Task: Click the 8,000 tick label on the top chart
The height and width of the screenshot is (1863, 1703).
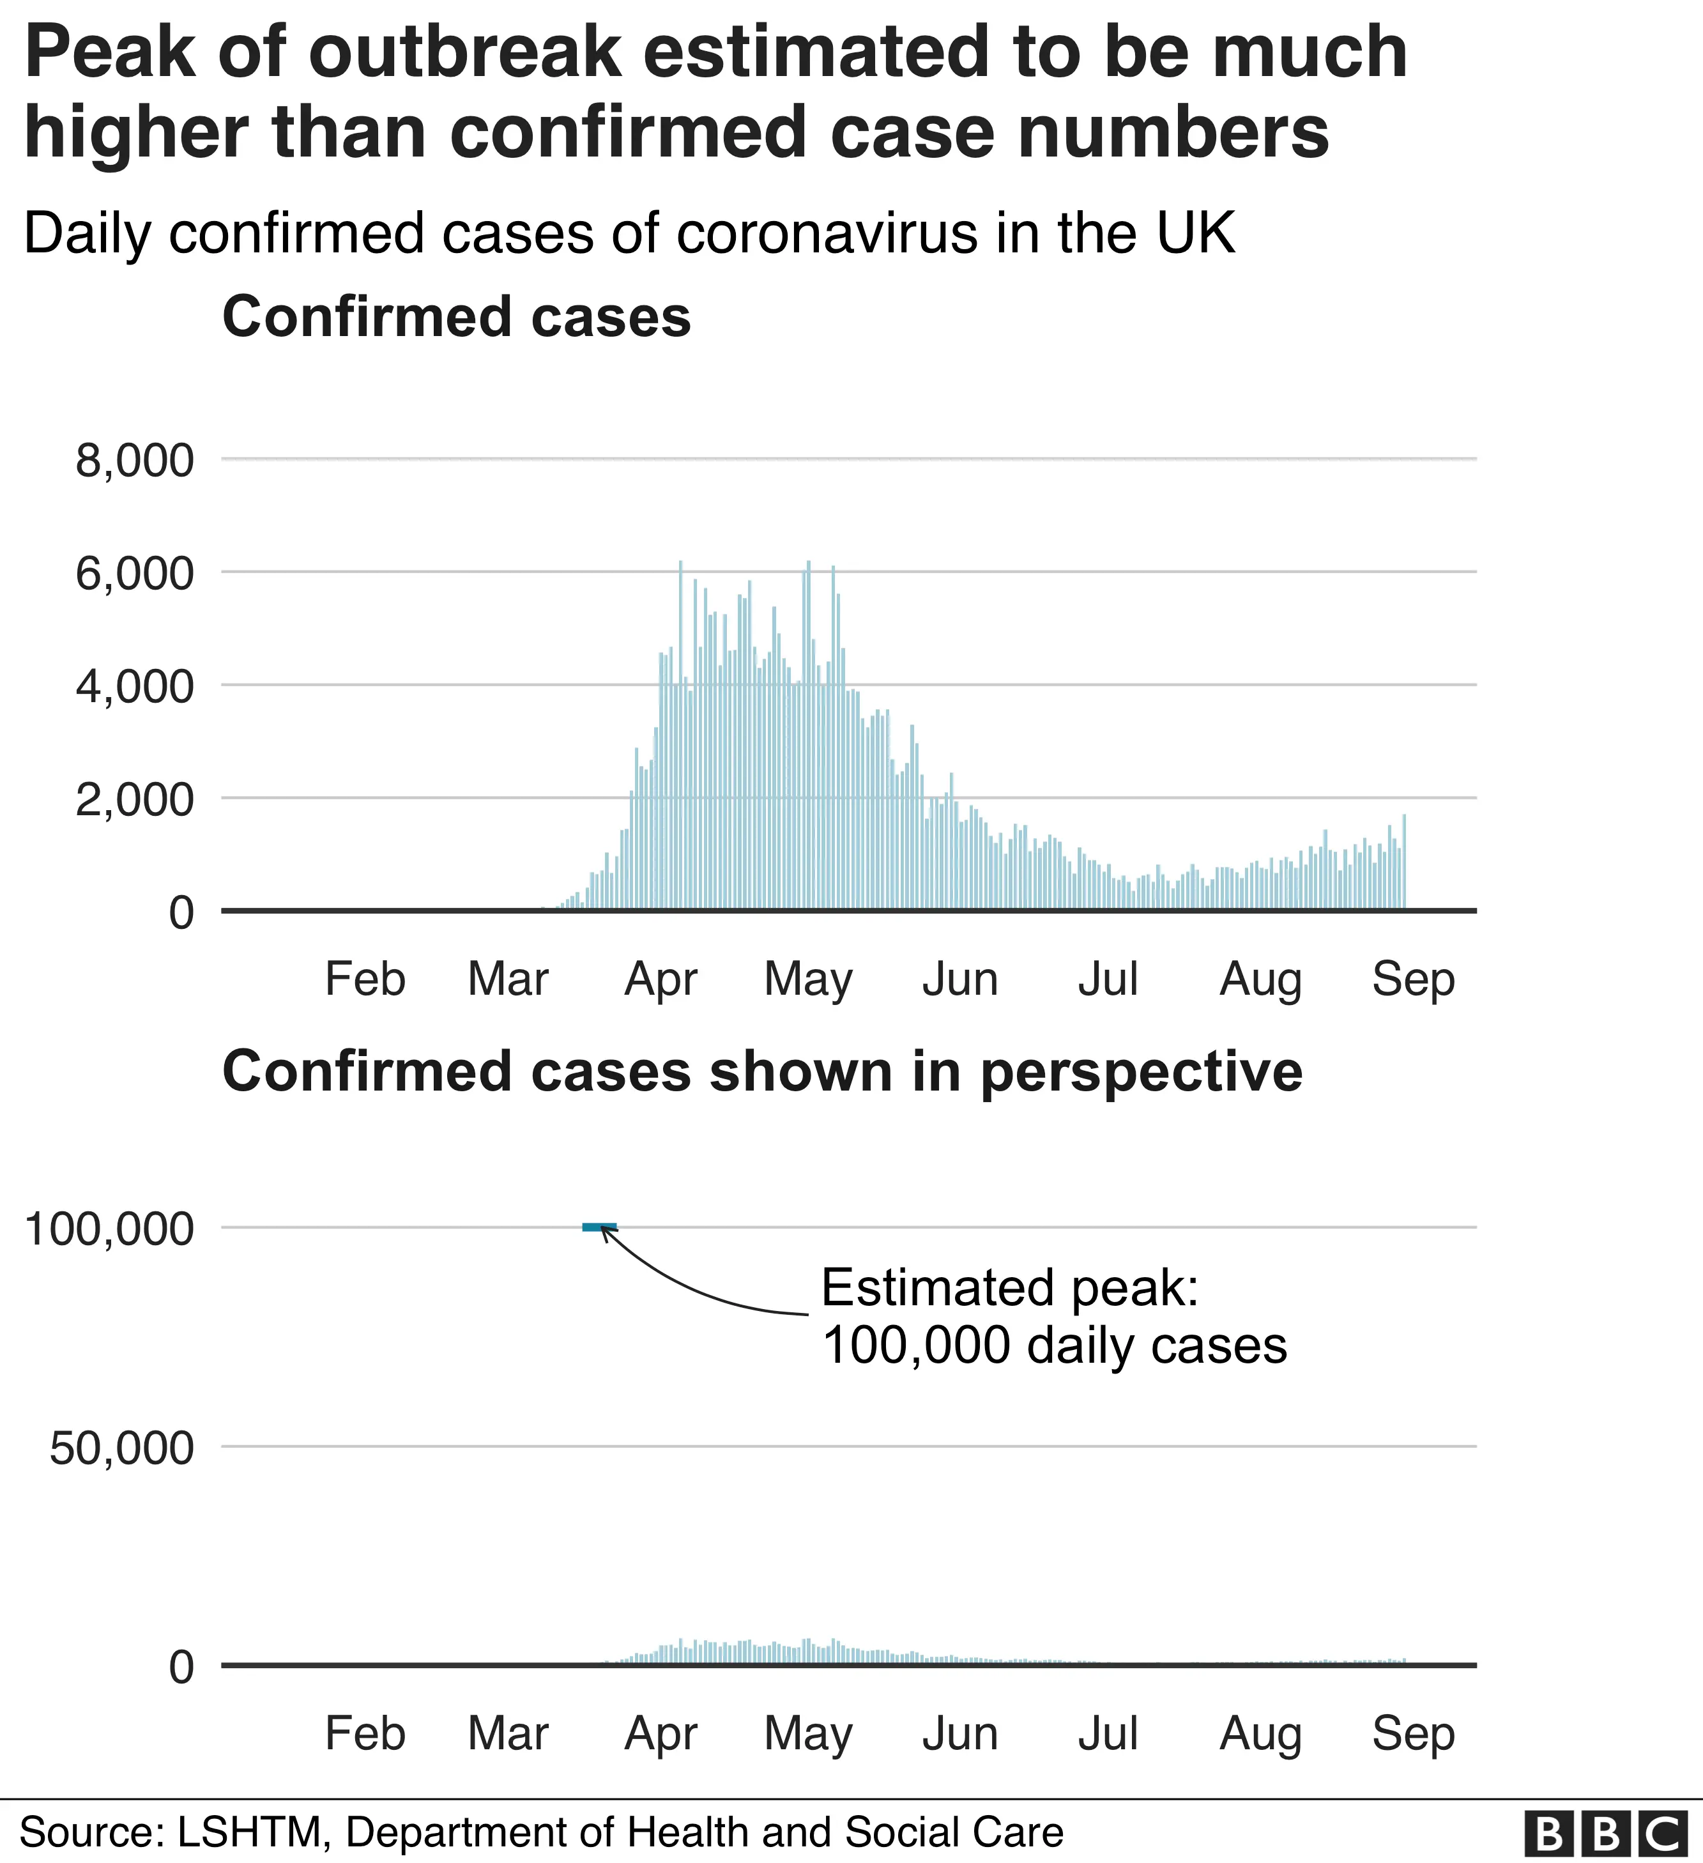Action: coord(135,460)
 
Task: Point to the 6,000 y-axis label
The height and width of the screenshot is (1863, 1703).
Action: coord(135,574)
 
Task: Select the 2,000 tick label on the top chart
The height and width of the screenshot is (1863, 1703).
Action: coord(135,799)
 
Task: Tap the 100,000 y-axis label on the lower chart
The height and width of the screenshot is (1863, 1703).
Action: coord(109,1229)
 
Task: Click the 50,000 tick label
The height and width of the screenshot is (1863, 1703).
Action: coord(122,1448)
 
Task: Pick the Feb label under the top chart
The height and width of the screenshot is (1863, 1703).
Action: coord(365,979)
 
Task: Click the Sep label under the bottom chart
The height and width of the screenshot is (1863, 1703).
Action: coord(1413,1734)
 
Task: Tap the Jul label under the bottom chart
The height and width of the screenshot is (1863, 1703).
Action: coord(1108,1734)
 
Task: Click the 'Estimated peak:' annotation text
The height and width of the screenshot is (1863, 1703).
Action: coord(1009,1287)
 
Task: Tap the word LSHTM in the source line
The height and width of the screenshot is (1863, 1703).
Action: coord(253,1832)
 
